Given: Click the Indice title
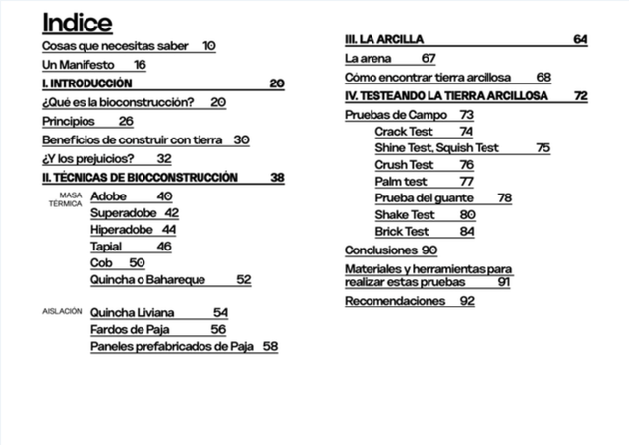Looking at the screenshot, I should [x=78, y=23].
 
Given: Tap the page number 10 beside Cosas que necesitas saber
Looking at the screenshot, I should [x=209, y=46].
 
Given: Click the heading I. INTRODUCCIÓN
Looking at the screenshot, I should [x=86, y=83].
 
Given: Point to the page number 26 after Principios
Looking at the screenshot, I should [x=126, y=121].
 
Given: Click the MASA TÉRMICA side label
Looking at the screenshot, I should [x=66, y=200].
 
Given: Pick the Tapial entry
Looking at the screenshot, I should [x=106, y=247].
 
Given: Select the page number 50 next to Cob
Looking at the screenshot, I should [x=137, y=263].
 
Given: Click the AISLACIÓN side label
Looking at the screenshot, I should [x=62, y=310].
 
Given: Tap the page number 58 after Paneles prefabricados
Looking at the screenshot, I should [x=270, y=346].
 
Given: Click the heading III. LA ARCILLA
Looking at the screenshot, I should [x=384, y=39].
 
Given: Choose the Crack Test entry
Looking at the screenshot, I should [x=404, y=132].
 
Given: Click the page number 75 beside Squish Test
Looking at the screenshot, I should [x=543, y=147].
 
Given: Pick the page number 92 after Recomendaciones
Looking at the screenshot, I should [x=467, y=301].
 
